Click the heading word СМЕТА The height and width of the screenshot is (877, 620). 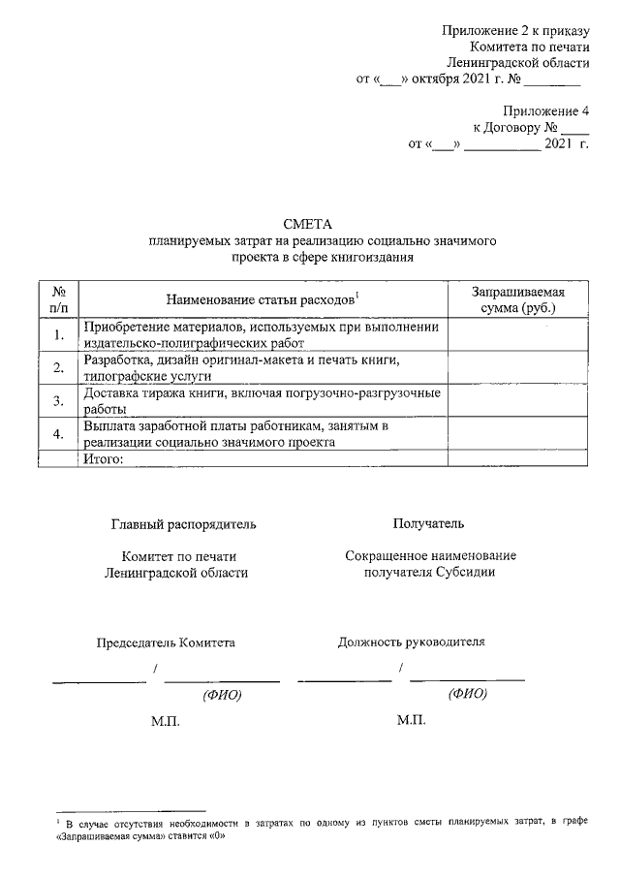click(x=306, y=224)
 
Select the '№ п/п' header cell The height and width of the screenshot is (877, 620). click(x=58, y=299)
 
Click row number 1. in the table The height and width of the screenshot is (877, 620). click(x=58, y=335)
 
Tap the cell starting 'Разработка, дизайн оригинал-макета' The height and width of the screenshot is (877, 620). click(x=262, y=367)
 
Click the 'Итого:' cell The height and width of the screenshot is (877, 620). click(x=106, y=459)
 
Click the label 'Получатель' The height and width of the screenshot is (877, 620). click(x=427, y=524)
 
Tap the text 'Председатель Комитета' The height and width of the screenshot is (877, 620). click(x=165, y=642)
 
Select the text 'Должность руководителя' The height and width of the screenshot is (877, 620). click(x=412, y=642)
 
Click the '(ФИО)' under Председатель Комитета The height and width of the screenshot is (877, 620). click(x=221, y=696)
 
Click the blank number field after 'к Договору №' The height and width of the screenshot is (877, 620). click(x=574, y=128)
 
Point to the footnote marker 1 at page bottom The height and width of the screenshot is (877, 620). click(x=58, y=820)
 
